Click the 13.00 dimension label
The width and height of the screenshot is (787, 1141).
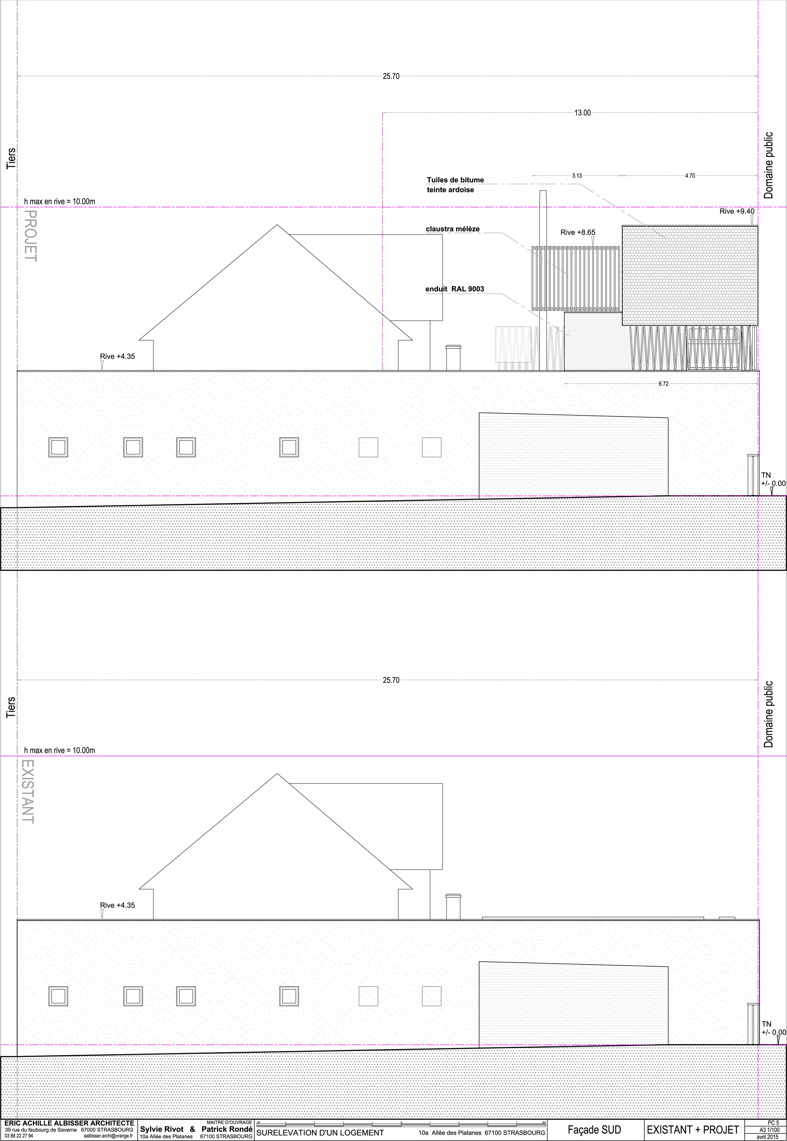coord(582,113)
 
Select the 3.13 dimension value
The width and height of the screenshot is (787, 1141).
coord(577,175)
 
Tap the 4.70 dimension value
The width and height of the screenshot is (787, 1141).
coord(690,175)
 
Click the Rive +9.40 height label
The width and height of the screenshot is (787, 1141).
coord(737,211)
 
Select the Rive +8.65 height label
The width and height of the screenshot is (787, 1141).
coord(578,232)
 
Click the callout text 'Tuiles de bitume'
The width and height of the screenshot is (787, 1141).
coord(455,180)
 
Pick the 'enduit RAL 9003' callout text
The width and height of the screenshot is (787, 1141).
coord(455,289)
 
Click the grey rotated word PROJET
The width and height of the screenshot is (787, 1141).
coord(30,236)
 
